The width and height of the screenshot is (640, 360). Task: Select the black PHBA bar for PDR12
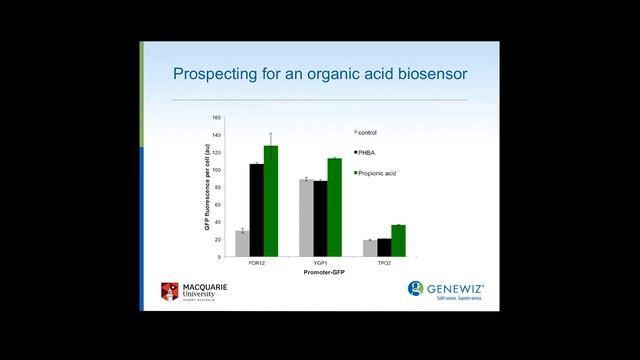pos(256,211)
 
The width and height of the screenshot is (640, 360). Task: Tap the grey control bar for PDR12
pos(242,244)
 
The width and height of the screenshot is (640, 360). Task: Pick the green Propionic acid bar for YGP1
pos(334,208)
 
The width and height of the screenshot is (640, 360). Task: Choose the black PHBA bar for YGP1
pos(320,219)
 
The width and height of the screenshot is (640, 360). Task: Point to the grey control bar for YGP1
pos(306,218)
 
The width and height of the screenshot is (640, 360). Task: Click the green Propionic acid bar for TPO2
pos(398,241)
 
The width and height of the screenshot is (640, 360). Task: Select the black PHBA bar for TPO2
pos(384,248)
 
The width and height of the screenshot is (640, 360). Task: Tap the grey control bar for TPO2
pos(370,248)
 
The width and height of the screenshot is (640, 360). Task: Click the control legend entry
pos(366,132)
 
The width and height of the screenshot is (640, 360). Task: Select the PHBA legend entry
pos(367,153)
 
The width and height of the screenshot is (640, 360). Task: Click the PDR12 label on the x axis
pos(256,264)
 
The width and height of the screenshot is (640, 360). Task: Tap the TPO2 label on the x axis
pos(384,264)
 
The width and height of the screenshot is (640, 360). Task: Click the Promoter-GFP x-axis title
pos(320,272)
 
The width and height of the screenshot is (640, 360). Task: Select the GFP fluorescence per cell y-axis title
pos(207,187)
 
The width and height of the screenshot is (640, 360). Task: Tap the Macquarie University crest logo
pos(169,291)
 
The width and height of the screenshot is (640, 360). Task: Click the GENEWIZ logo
pos(450,289)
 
